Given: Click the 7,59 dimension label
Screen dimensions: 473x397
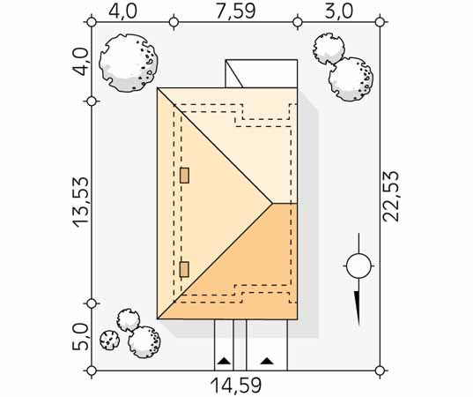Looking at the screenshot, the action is point(236,11).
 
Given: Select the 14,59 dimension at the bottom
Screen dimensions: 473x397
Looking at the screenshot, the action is point(236,386).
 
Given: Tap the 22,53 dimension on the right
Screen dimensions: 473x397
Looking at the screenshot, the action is point(391,197).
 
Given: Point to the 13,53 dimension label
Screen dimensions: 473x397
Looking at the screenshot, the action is point(81,202).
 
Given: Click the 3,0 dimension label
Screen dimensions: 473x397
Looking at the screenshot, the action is point(338,11).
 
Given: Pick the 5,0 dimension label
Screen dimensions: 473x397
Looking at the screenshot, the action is point(80,337).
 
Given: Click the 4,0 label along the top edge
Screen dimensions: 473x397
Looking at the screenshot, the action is point(122,11).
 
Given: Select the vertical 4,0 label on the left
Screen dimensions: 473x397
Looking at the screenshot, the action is point(80,62).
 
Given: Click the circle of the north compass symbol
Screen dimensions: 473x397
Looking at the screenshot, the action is point(358,266).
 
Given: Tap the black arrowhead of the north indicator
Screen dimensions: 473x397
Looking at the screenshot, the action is point(358,308).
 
